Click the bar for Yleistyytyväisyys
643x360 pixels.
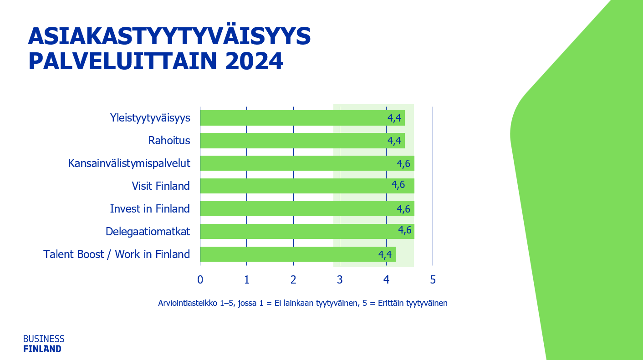point(291,118)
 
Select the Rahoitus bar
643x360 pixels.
point(291,141)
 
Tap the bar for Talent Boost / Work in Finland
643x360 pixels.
point(287,254)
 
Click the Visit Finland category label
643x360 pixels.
point(161,186)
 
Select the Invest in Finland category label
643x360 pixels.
point(150,208)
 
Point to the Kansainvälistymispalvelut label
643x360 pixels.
point(129,163)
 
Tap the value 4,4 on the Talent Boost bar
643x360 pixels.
point(385,254)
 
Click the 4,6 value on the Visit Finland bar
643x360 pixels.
point(398,185)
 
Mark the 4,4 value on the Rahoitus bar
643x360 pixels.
point(394,141)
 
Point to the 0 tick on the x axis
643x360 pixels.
point(200,279)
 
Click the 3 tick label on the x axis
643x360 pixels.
point(340,279)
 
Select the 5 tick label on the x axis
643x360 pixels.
point(433,279)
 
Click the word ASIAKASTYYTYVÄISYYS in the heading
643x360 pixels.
point(169,36)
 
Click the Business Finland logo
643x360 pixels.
point(44,344)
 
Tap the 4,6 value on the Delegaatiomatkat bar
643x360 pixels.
point(405,230)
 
